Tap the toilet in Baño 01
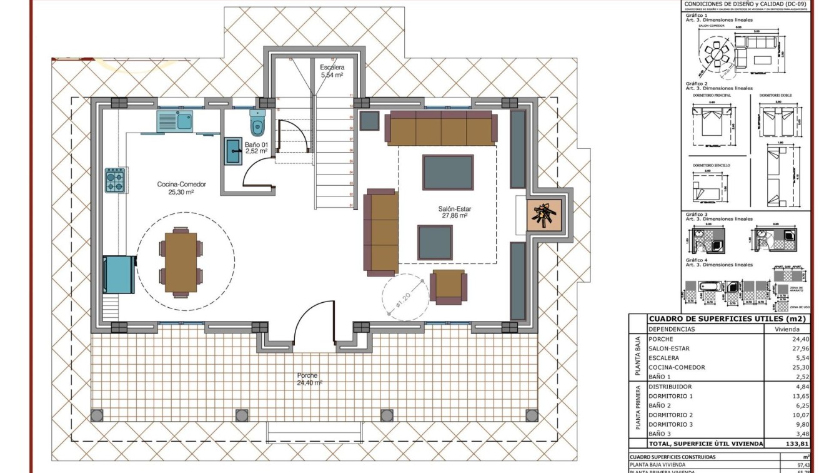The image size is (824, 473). click(257, 124)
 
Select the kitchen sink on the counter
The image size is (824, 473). click(176, 120)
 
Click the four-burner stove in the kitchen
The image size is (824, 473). click(114, 180)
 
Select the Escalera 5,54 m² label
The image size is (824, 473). click(332, 71)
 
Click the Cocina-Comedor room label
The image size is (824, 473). click(181, 188)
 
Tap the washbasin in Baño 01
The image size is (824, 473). click(233, 151)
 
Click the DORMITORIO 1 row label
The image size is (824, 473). click(670, 396)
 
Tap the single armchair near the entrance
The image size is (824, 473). click(449, 286)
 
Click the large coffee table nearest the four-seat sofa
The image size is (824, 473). click(448, 172)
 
